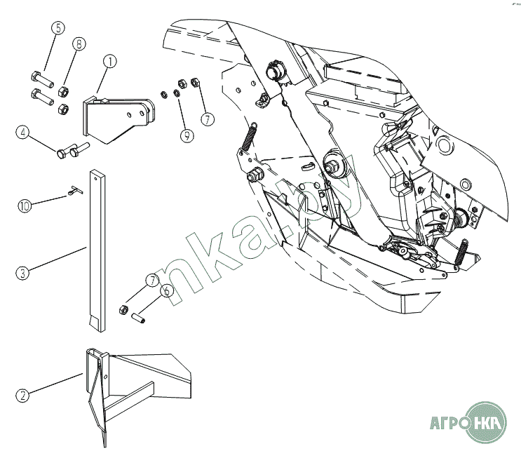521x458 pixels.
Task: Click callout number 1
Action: pyautogui.click(x=110, y=62)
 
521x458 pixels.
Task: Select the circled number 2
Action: pyautogui.click(x=23, y=396)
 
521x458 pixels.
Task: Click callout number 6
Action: pyautogui.click(x=165, y=290)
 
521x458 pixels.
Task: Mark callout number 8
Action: pyautogui.click(x=79, y=43)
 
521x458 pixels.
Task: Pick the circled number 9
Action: pyautogui.click(x=187, y=136)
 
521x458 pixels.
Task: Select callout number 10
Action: pyautogui.click(x=25, y=206)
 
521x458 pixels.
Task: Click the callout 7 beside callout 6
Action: pyautogui.click(x=151, y=281)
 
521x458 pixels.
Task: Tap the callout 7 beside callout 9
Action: pyautogui.click(x=207, y=119)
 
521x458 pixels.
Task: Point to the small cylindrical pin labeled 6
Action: pyautogui.click(x=137, y=314)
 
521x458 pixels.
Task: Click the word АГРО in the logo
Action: pyautogui.click(x=447, y=423)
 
